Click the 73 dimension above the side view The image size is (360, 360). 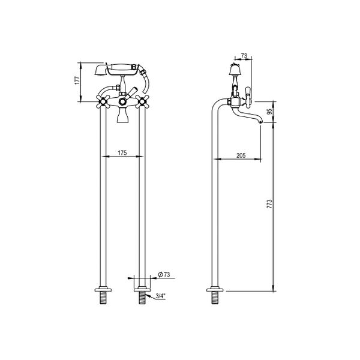pos(243,56)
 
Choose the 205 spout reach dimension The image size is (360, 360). pos(241,155)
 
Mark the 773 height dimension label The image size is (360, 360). pos(270,204)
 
